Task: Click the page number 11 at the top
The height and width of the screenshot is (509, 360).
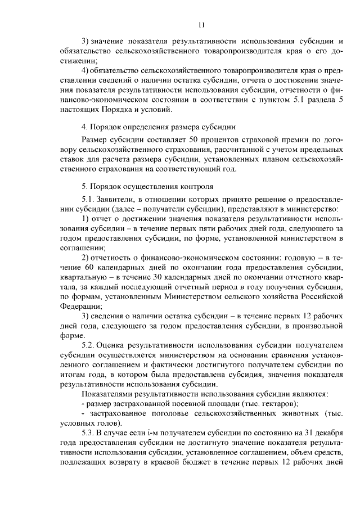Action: tap(201, 24)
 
